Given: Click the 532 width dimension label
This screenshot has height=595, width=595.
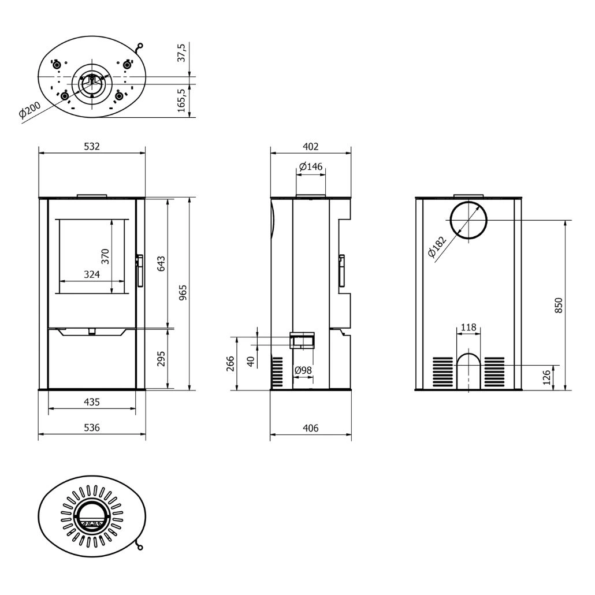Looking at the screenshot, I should [x=92, y=147].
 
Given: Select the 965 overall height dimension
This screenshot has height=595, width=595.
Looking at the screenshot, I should [x=184, y=293].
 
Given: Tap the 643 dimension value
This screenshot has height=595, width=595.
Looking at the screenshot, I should [x=161, y=263].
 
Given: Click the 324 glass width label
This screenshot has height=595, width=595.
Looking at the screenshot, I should [x=91, y=275].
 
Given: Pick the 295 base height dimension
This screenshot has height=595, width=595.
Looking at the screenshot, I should [x=161, y=359].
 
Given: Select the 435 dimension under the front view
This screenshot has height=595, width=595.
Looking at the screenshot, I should [x=92, y=401].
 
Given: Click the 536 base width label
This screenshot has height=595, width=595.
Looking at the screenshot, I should [x=92, y=427].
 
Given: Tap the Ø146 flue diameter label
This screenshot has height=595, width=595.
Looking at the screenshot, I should [x=311, y=167].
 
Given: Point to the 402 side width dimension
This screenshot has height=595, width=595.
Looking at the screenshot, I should [x=311, y=147].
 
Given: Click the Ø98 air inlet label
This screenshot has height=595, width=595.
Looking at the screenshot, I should [x=303, y=370].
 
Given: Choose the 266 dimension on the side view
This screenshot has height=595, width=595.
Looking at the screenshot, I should [x=230, y=363].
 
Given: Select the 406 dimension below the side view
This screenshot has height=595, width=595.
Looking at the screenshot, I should [x=311, y=428].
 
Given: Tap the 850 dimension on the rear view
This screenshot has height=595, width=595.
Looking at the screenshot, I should [x=558, y=305].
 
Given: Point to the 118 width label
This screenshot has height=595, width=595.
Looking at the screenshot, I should [x=468, y=328].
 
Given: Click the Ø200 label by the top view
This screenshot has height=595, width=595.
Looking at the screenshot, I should [x=29, y=110].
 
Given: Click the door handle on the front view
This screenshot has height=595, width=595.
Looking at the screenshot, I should [x=139, y=270].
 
